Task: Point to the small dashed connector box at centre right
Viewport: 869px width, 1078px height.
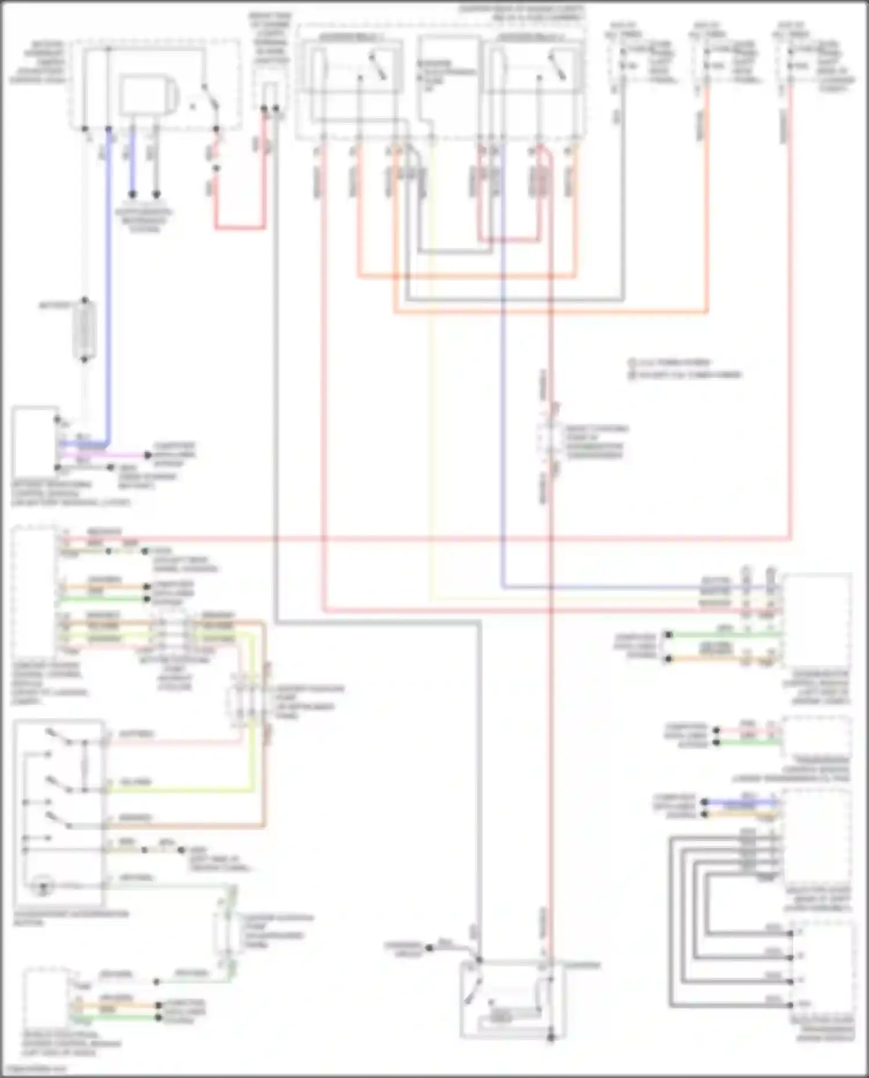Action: [x=547, y=440]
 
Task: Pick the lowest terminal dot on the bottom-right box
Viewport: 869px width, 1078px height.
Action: [x=790, y=1004]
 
